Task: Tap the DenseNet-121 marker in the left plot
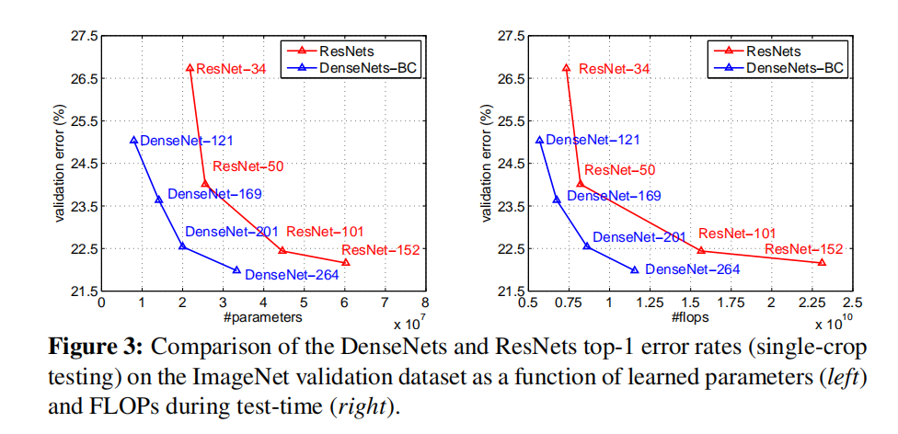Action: (x=134, y=141)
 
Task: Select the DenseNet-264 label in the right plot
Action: (x=692, y=270)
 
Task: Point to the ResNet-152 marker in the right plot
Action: (x=822, y=262)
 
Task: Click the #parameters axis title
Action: (x=263, y=317)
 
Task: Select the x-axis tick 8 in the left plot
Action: (x=425, y=301)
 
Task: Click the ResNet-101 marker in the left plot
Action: (x=282, y=250)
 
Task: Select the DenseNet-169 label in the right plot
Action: (x=613, y=196)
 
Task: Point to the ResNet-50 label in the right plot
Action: (x=619, y=170)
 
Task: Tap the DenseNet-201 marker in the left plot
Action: (x=182, y=246)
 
